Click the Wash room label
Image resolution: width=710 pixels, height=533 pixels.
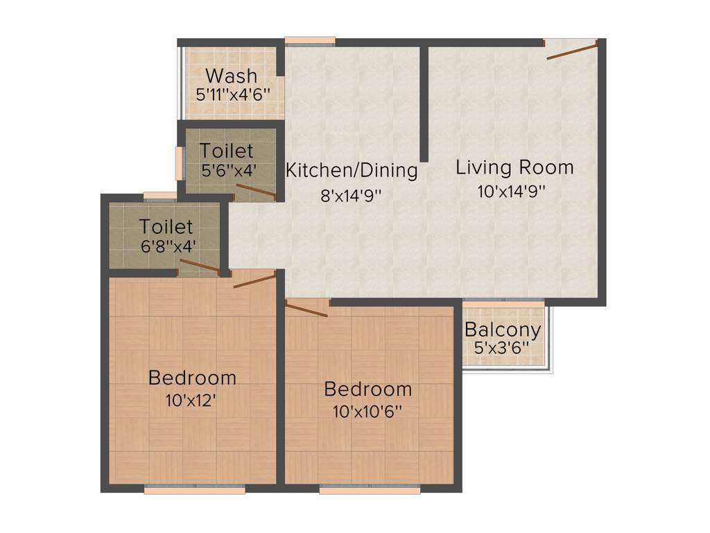click(231, 75)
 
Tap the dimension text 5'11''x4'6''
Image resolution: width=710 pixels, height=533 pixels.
click(232, 94)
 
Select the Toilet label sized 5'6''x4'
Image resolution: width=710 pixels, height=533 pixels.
click(226, 150)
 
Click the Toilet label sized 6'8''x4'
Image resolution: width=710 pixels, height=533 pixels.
click(166, 226)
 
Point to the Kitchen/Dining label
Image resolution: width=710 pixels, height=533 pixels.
click(352, 170)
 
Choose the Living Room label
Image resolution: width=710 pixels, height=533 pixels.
click(514, 167)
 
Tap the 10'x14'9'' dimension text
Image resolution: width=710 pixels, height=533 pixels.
click(512, 192)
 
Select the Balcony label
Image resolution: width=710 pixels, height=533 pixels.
click(503, 330)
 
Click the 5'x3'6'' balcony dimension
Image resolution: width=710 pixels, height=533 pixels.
click(502, 348)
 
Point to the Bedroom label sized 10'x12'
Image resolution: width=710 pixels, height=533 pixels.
click(192, 378)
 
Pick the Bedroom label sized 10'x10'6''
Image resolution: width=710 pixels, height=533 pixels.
click(367, 389)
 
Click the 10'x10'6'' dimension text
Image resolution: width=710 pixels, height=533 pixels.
click(367, 410)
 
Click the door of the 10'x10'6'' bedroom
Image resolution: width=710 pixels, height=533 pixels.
click(306, 310)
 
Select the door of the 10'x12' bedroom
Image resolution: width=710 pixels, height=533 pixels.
click(254, 279)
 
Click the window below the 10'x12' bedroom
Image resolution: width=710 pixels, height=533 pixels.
click(195, 489)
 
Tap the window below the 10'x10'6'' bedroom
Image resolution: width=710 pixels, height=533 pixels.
click(370, 489)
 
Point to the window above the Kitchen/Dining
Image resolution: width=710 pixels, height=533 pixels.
click(310, 41)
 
